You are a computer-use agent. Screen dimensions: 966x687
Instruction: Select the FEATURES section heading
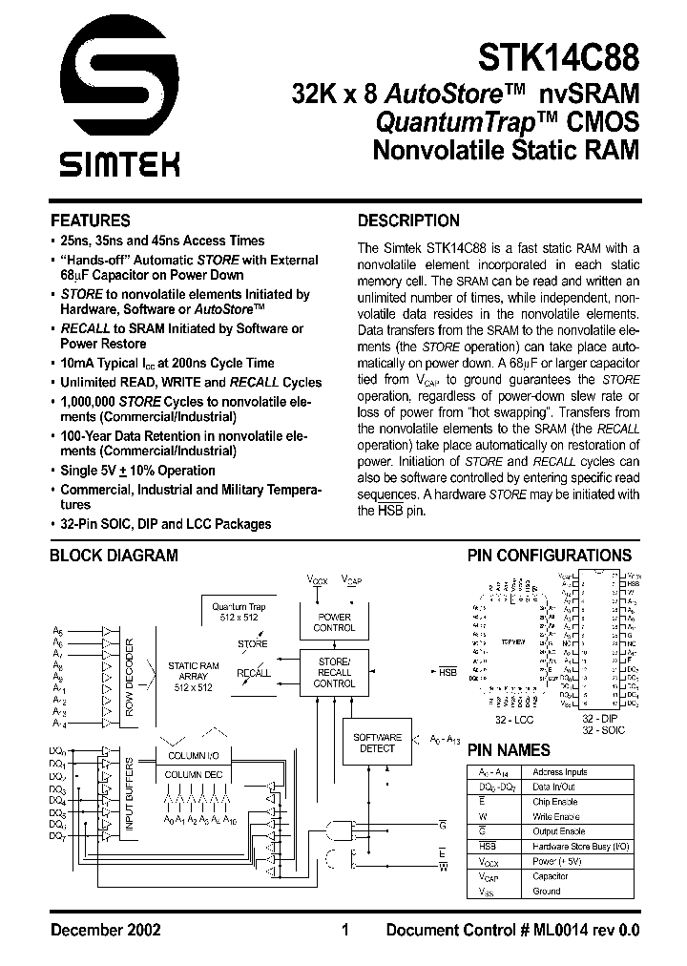(90, 220)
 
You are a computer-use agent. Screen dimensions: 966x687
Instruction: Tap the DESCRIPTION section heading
(407, 220)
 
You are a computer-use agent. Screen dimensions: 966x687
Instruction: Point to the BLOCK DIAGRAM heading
(114, 555)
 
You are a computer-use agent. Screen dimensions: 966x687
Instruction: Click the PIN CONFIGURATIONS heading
(549, 555)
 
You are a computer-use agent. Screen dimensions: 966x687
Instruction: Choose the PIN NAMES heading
(508, 750)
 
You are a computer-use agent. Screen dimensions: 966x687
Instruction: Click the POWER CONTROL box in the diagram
(334, 622)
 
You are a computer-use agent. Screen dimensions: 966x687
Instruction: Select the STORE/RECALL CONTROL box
(334, 672)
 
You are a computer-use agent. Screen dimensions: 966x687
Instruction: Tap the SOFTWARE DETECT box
(377, 743)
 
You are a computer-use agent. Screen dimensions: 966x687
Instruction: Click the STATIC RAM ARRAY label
(194, 675)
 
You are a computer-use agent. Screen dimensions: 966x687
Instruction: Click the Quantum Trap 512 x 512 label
(239, 611)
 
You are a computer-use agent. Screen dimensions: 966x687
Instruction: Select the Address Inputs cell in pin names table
(560, 771)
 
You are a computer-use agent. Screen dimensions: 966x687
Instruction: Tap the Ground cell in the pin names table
(547, 891)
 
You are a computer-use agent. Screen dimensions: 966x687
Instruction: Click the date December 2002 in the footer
(105, 930)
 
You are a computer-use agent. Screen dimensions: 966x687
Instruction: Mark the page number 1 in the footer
(344, 930)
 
